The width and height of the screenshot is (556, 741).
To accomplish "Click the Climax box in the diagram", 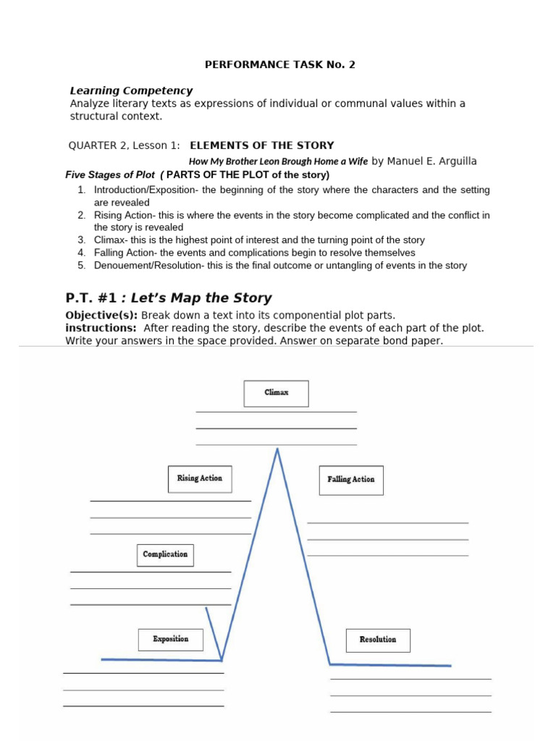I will (276, 394).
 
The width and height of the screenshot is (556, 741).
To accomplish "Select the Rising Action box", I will (200, 479).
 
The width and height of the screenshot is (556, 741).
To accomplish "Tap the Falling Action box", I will (351, 480).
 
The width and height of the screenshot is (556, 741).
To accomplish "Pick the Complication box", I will (165, 555).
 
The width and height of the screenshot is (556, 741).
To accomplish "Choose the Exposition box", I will (171, 640).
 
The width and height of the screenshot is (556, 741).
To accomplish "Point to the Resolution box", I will (377, 640).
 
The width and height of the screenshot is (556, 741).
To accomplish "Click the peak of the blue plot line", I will (277, 449).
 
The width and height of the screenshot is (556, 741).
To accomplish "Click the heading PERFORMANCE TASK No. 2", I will (280, 64).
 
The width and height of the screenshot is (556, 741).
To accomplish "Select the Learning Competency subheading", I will (131, 90).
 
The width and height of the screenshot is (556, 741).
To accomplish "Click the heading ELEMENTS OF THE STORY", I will (262, 145).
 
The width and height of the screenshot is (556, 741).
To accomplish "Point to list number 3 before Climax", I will (82, 240).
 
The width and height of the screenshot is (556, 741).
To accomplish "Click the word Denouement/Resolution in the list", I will (148, 266).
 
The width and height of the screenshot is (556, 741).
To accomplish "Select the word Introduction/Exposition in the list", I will (146, 190).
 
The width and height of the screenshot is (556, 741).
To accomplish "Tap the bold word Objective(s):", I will (101, 316).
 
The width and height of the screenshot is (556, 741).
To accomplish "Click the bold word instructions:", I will (101, 328).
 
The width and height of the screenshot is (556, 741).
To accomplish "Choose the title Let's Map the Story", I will (201, 297).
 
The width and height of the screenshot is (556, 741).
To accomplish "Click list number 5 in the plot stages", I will (82, 266).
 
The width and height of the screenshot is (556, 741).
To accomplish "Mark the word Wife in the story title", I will (358, 161).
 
